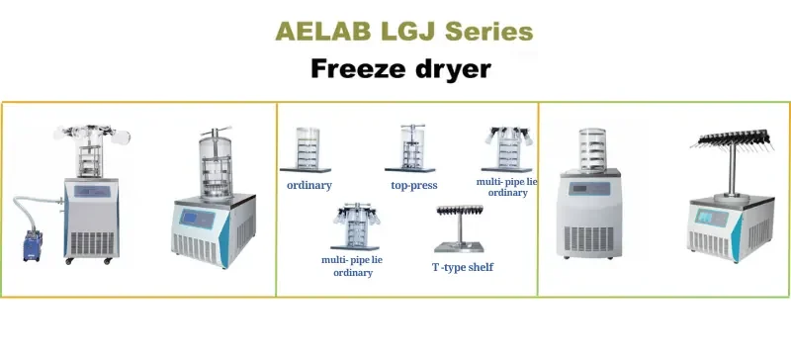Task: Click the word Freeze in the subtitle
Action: click(x=359, y=69)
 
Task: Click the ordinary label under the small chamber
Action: click(x=308, y=185)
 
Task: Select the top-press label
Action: click(x=414, y=185)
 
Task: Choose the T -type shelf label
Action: click(x=462, y=267)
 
